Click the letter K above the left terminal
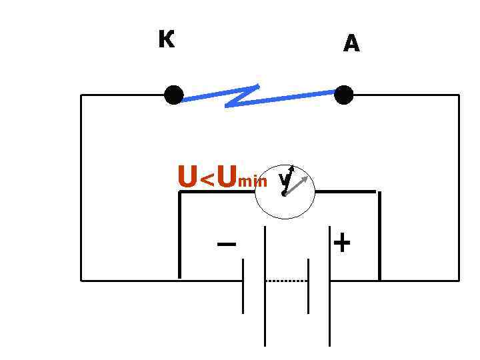point(167,40)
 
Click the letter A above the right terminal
point(351,44)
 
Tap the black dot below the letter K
point(173,95)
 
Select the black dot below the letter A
point(343,95)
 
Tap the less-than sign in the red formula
point(207,179)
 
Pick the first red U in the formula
point(187,177)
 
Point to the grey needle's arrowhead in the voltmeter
point(307,178)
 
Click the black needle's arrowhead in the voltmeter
point(291,167)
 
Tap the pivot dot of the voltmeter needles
point(284,194)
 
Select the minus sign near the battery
point(226,244)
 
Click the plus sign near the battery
point(341,243)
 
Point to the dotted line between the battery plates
point(287,281)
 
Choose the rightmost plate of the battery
point(330,287)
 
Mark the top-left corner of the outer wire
point(81,95)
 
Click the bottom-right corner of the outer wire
point(459,281)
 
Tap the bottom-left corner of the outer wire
point(81,281)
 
